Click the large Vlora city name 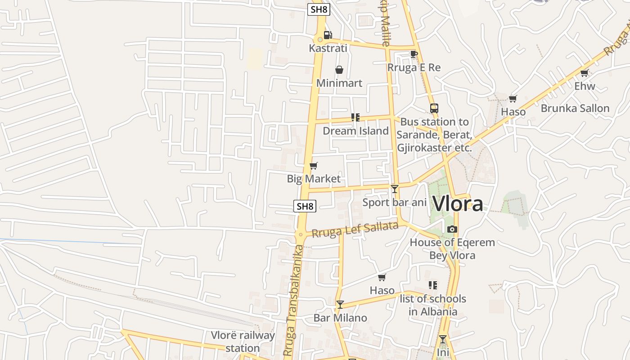coord(458,203)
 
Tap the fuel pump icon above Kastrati coord(328,35)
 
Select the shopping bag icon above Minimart coord(339,70)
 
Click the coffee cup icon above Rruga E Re coord(414,54)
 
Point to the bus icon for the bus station coord(434,108)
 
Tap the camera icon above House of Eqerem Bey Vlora coord(452,229)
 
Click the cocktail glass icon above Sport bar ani coord(395,189)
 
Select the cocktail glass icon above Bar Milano coord(340,305)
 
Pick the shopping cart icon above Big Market coord(314,166)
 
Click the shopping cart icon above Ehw coord(585,72)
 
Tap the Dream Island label coord(355,131)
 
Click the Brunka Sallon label coord(575,108)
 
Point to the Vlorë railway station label coord(243,342)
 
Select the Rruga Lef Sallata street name coord(355,229)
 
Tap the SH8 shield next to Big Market coord(305,206)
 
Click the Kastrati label coord(328,48)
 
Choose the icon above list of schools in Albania coord(433,285)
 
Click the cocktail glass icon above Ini coord(443,339)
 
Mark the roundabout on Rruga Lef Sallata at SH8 coord(300,234)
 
